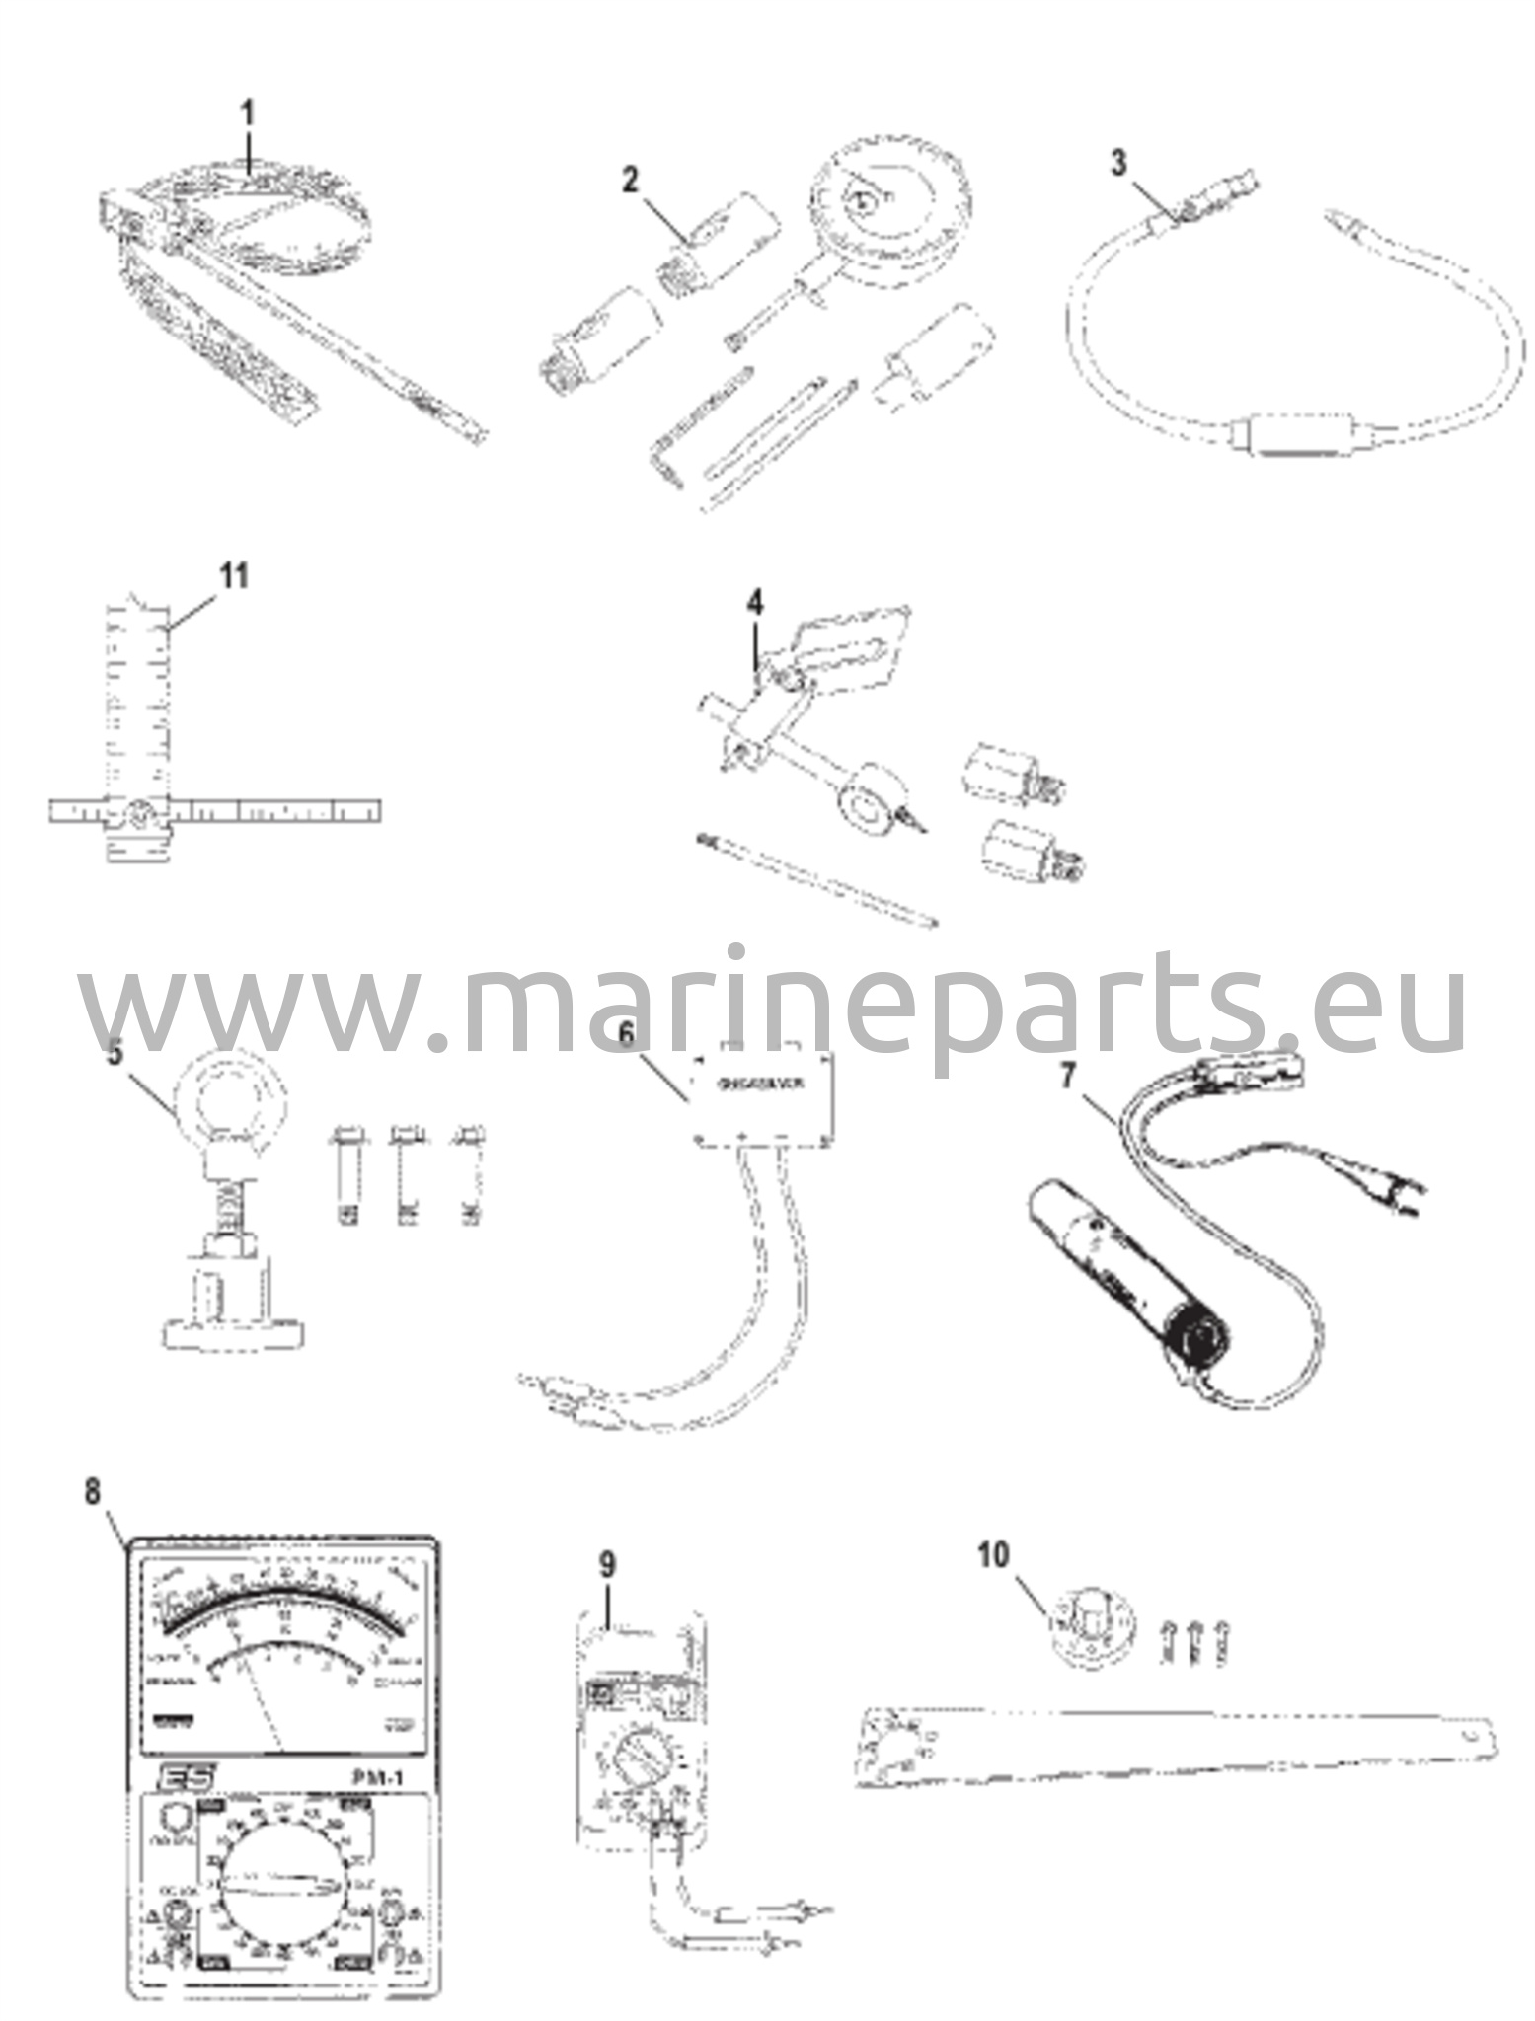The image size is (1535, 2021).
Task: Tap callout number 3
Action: [x=1117, y=163]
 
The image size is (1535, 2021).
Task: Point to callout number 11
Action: [x=234, y=575]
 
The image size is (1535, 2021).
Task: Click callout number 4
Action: [x=753, y=602]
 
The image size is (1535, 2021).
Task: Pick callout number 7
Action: [x=1066, y=1078]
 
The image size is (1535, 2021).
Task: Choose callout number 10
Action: [x=994, y=1556]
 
